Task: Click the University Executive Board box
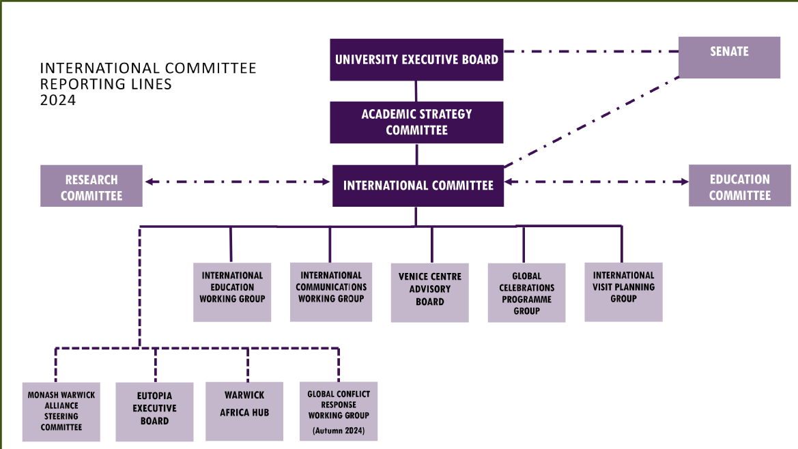[416, 59]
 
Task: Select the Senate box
[729, 57]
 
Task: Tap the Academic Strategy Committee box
[416, 122]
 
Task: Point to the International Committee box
[418, 186]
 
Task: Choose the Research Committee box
[91, 186]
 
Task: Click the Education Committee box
[739, 186]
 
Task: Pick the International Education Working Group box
[232, 292]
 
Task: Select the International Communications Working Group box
[331, 291]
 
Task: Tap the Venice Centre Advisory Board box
[429, 293]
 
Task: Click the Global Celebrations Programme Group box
[526, 293]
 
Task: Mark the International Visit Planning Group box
[623, 291]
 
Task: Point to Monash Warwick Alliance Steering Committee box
[62, 411]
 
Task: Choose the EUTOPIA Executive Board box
[155, 411]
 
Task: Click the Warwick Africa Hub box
[244, 411]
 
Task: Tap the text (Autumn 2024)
[339, 431]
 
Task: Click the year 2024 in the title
[58, 100]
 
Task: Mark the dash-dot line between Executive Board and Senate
[590, 51]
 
